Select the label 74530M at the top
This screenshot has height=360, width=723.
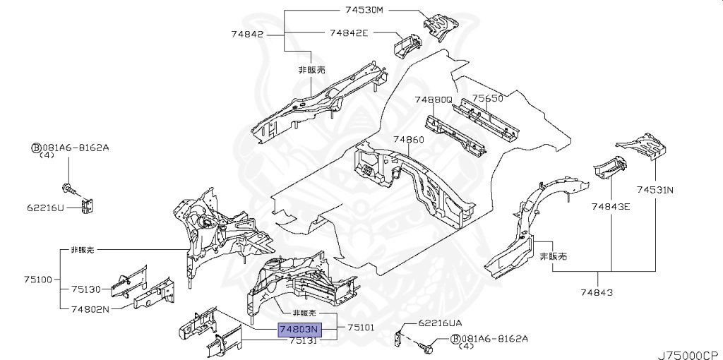pyautogui.click(x=364, y=10)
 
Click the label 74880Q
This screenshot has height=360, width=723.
pyautogui.click(x=433, y=100)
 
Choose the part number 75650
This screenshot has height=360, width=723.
pyautogui.click(x=487, y=99)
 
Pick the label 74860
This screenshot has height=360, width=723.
pyautogui.click(x=408, y=139)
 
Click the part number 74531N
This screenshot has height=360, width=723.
pyautogui.click(x=655, y=189)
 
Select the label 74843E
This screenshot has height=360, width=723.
pyautogui.click(x=611, y=206)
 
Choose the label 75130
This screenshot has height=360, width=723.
pyautogui.click(x=87, y=289)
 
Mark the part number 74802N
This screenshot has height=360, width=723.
pyautogui.click(x=90, y=308)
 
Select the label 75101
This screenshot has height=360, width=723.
pyautogui.click(x=360, y=328)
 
